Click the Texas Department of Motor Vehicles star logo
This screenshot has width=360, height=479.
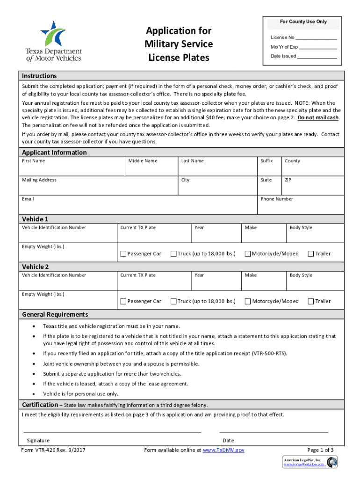pos(53,34)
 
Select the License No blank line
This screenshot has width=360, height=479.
pos(317,37)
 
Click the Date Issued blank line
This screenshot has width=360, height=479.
pos(317,56)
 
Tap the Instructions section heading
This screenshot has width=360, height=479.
pos(39,76)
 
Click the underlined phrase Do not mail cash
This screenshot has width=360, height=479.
pos(318,117)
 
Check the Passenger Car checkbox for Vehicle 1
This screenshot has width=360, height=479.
pos(123,254)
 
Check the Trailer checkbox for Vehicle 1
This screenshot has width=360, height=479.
pos(310,254)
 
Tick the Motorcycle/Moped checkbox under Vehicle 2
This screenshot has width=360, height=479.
pos(248,302)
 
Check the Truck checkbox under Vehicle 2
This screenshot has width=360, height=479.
pos(173,302)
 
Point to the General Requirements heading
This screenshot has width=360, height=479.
pos(55,314)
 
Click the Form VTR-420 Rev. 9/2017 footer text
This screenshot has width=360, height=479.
pos(53,450)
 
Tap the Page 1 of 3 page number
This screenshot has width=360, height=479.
pos(318,450)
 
